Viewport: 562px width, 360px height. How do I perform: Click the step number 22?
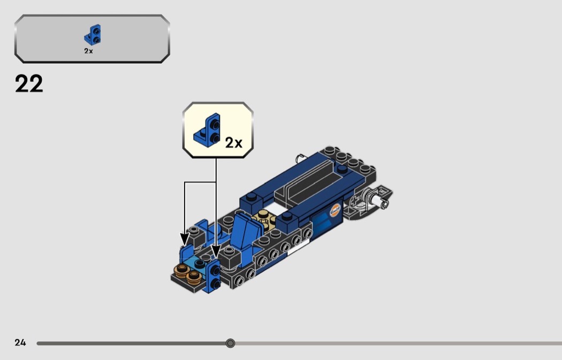(x=29, y=84)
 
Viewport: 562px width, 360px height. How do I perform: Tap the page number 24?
(x=20, y=343)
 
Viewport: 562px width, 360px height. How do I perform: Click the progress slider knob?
(x=230, y=343)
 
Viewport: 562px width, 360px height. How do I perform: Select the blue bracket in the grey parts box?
(x=93, y=35)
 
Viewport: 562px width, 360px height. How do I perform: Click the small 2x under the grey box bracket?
(x=88, y=51)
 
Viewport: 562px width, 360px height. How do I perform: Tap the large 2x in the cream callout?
(x=234, y=143)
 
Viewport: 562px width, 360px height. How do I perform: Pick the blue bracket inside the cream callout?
(x=207, y=129)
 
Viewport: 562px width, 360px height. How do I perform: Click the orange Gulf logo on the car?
(x=335, y=210)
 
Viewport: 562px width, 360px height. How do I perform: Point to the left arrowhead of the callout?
(x=185, y=239)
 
